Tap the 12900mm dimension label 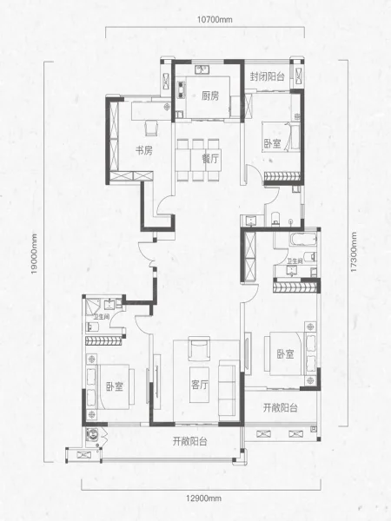coord(203,498)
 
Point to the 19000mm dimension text coord(34,254)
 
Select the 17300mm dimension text coord(354,252)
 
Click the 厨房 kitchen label coord(210,96)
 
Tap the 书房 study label coord(143,150)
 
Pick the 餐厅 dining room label coord(210,159)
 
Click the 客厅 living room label coord(200,385)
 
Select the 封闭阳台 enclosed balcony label coord(268,76)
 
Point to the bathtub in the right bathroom coord(302,240)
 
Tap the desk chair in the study coord(151,128)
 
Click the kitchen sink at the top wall coord(202,69)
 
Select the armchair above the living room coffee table coord(199,348)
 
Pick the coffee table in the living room coord(200,385)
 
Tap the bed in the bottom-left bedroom coord(112,386)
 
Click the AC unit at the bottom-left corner coord(83,454)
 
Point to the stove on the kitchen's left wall coord(182,89)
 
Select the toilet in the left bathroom coord(92,327)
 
